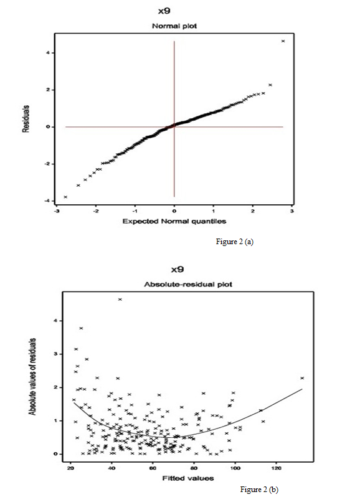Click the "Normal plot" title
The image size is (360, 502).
pos(174,26)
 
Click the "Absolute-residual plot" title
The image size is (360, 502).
pos(188,284)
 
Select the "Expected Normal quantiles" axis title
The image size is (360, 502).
pos(174,221)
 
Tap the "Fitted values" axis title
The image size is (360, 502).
pos(188,478)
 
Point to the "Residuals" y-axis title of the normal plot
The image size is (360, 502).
pos(26,119)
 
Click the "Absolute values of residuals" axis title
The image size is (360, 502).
pos(32,377)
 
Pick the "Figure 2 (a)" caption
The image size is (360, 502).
pos(235,242)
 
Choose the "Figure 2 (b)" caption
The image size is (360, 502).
pos(259,490)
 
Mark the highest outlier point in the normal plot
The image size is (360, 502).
pos(283,41)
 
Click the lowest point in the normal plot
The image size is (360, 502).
pos(65,197)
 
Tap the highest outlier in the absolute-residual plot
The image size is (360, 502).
pos(120,300)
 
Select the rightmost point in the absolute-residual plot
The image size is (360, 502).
pos(302,378)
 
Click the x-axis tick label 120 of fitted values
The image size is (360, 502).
pos(276,468)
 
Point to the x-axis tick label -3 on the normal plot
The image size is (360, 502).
pos(57,211)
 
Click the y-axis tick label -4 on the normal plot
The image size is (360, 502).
pos(48,201)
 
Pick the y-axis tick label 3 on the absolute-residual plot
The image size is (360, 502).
pos(56,354)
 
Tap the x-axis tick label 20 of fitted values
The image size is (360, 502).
pos(71,468)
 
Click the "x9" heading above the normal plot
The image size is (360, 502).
pos(164,11)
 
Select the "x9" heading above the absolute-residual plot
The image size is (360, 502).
pos(178,270)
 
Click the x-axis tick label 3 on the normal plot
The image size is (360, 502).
pos(291,211)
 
